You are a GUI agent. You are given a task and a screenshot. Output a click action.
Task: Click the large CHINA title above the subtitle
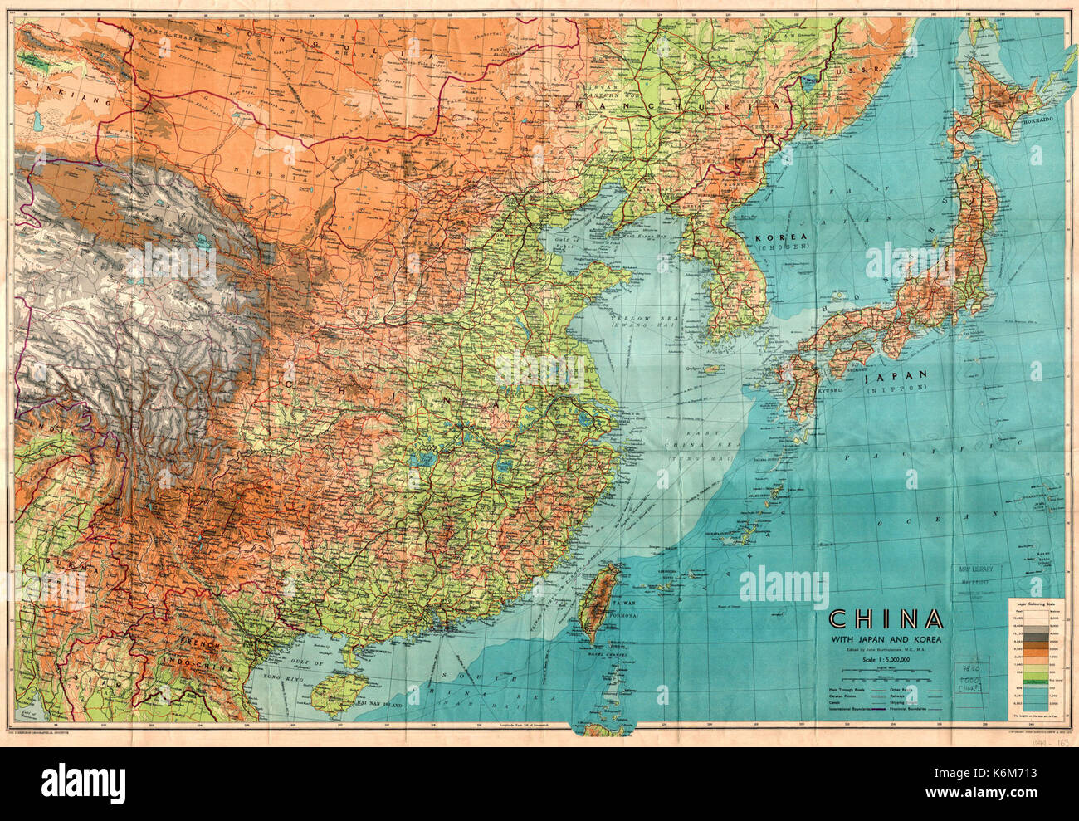pos(886,619)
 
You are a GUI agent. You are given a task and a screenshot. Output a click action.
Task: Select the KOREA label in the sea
pos(782,237)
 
